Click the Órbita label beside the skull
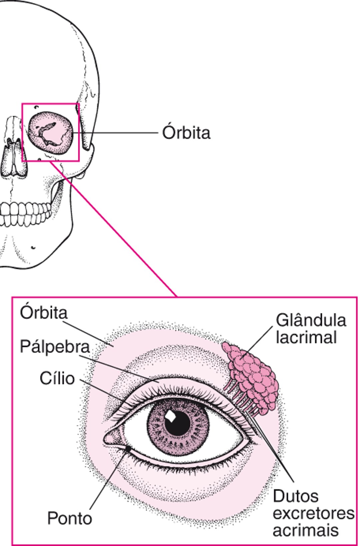coord(186,133)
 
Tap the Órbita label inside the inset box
coord(44,313)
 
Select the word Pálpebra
coord(55,347)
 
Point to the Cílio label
coord(57,378)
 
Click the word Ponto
coord(69,518)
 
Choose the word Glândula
coord(311,320)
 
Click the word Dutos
coord(295,496)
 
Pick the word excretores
coord(313,513)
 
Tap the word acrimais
coord(305,530)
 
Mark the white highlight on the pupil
coord(171,416)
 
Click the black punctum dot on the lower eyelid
coord(128,449)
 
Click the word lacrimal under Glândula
coord(306,337)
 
